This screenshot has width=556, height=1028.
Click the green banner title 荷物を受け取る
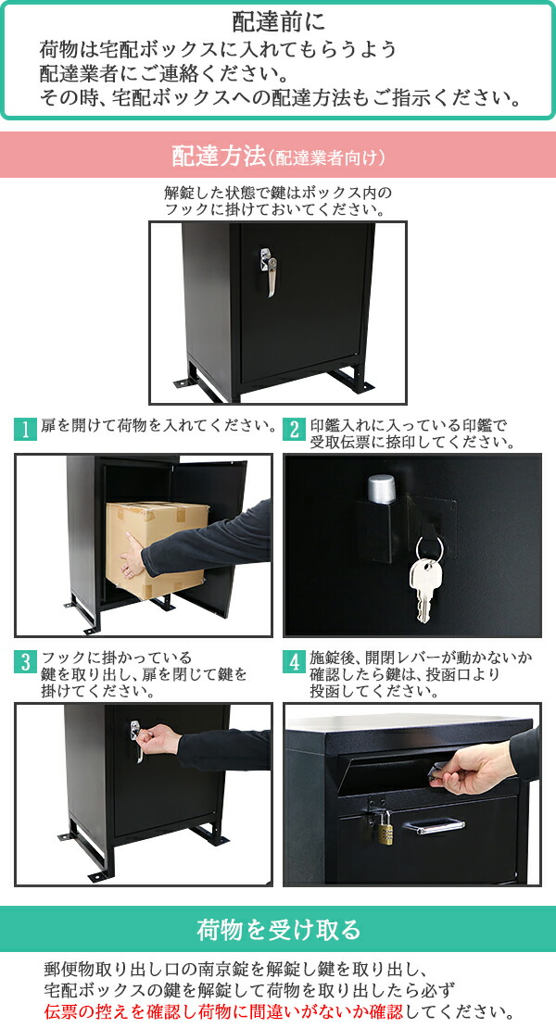click(x=278, y=929)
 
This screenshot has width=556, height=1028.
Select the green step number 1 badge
click(x=25, y=429)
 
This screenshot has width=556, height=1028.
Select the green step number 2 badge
click(x=295, y=429)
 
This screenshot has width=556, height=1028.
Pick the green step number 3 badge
click(x=25, y=662)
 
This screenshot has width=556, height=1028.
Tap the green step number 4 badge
click(x=295, y=662)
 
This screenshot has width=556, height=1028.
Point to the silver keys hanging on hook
click(x=425, y=579)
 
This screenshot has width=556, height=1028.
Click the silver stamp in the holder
click(x=381, y=492)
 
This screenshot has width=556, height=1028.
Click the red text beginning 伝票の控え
click(x=278, y=1010)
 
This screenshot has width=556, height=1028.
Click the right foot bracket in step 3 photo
click(x=211, y=834)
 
